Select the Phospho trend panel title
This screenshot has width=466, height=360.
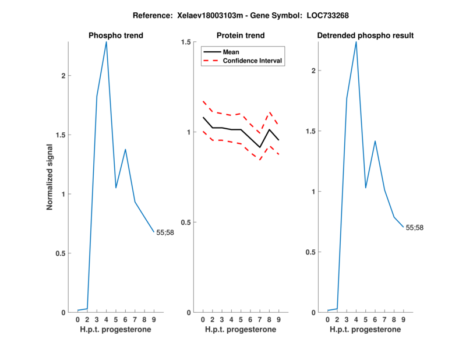pos(116,36)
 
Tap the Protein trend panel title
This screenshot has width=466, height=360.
pos(241,36)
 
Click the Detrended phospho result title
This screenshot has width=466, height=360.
pos(365,36)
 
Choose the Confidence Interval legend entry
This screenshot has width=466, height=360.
pos(252,61)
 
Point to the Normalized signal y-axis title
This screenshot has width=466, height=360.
pos(50,177)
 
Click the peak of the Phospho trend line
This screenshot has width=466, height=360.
pos(106,42)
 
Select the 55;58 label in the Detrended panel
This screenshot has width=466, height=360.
pos(415,228)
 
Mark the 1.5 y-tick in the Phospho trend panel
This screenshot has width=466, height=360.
pos(62,135)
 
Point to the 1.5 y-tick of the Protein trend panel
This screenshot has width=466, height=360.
pos(188,42)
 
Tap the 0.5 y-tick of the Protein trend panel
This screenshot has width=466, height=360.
pos(188,222)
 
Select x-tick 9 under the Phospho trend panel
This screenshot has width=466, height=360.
pos(153,320)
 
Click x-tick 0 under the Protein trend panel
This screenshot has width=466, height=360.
pos(203,320)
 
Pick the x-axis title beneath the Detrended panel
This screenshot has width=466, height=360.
pos(365,330)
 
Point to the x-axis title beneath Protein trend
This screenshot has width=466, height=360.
pos(241,330)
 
